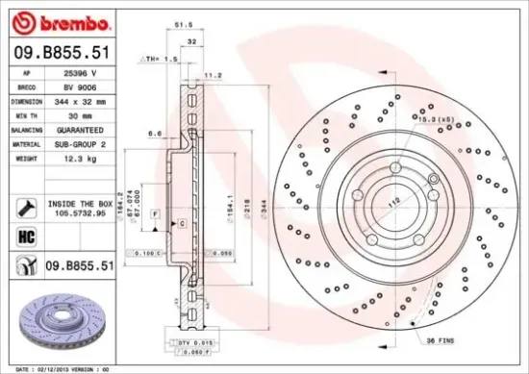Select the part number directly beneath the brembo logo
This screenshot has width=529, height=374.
click(x=59, y=55)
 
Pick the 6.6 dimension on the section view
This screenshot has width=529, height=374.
click(x=154, y=134)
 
